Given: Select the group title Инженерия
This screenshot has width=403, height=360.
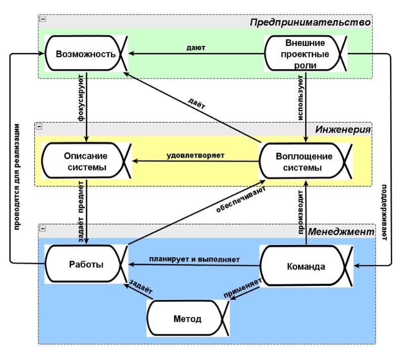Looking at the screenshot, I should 343,129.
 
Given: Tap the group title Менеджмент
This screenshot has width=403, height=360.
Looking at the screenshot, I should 342,232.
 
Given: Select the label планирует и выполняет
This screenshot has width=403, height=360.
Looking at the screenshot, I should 194,259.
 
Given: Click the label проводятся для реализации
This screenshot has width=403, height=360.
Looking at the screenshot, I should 18,176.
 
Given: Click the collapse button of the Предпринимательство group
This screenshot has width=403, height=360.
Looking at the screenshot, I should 42,19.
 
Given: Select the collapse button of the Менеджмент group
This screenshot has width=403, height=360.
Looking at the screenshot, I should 42,228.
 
